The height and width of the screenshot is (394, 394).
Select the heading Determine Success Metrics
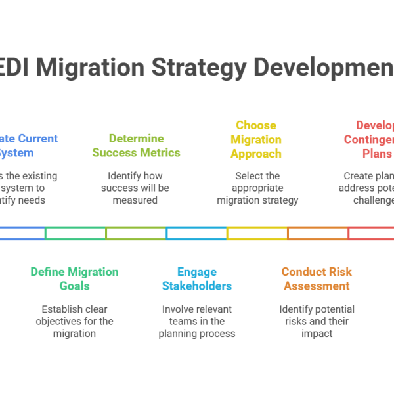[x=136, y=146]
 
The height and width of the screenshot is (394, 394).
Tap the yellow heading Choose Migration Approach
[x=256, y=139]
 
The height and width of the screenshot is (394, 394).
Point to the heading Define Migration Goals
[x=74, y=278]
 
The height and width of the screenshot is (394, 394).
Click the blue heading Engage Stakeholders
[x=197, y=278]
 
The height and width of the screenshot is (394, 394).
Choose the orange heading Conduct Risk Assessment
[x=317, y=278]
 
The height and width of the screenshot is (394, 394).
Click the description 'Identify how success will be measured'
[x=135, y=188]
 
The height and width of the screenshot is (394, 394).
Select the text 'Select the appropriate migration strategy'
[x=257, y=188]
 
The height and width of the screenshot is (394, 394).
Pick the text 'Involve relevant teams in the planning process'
[x=197, y=321]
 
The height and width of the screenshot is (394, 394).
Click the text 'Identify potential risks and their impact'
[x=317, y=321]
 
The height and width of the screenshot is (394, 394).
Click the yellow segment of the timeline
[x=257, y=233]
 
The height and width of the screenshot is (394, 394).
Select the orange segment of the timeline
[x=317, y=233]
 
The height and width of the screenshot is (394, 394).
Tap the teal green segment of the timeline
[x=75, y=233]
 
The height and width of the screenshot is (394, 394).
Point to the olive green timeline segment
[x=136, y=233]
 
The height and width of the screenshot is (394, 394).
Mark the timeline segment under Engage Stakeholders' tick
[x=196, y=233]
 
